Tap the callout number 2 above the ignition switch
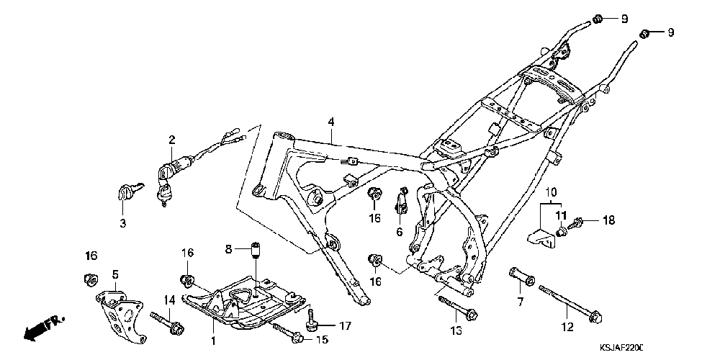point(172,139)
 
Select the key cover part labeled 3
point(125,192)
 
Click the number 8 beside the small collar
point(228,248)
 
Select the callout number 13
point(455,331)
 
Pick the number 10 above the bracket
point(551,193)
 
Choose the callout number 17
point(345,325)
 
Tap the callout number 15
point(323,339)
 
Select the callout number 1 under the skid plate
point(213,339)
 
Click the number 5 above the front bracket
point(114,274)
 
